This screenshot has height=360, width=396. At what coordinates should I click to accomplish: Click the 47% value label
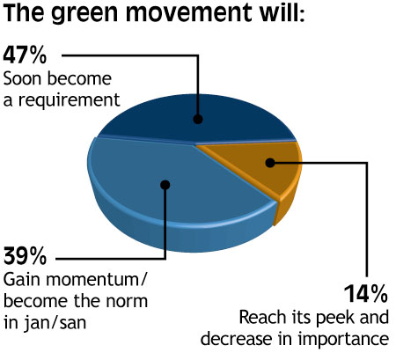pyautogui.click(x=25, y=55)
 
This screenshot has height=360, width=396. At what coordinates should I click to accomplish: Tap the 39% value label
pyautogui.click(x=25, y=256)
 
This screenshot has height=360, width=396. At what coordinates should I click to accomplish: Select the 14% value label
pyautogui.click(x=366, y=293)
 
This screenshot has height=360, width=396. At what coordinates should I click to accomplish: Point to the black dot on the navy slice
pyautogui.click(x=198, y=119)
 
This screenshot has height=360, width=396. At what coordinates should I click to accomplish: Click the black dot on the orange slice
pyautogui.click(x=270, y=163)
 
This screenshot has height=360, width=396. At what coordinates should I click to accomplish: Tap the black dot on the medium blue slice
pyautogui.click(x=165, y=184)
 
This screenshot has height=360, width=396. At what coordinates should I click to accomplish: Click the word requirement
pyautogui.click(x=70, y=100)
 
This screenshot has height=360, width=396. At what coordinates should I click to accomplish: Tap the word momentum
pyautogui.click(x=96, y=280)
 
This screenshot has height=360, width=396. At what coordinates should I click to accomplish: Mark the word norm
pyautogui.click(x=127, y=302)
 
